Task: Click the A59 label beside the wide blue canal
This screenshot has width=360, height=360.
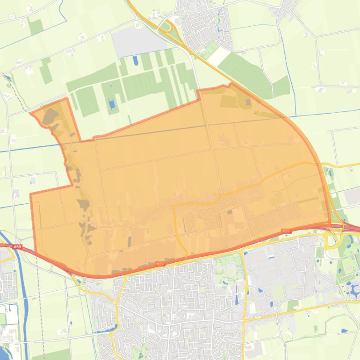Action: point(17,246)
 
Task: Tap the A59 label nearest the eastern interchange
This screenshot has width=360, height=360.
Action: point(286,231)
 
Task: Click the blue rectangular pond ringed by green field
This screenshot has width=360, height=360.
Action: point(111,104)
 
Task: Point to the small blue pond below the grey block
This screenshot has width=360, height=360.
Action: point(136,60)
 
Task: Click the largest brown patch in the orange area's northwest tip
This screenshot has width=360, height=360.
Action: point(50,116)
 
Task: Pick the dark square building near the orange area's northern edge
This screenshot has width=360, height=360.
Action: point(248,101)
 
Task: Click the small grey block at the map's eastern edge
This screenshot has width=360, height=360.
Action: point(353,197)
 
